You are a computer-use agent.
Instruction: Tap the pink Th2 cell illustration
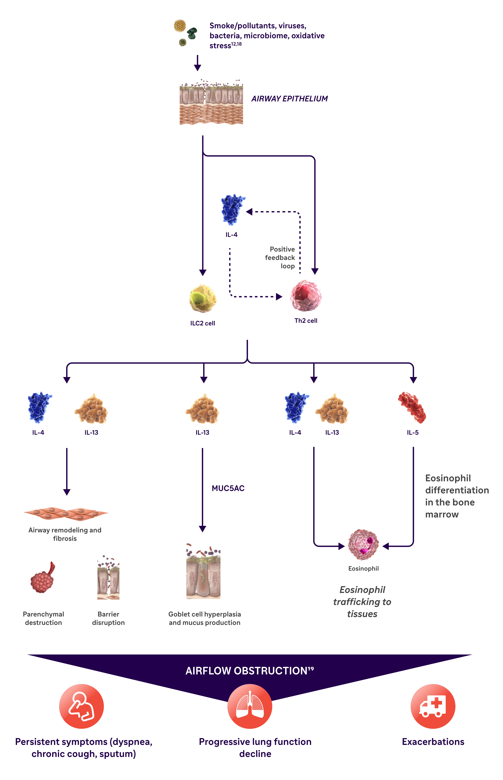tap(306, 295)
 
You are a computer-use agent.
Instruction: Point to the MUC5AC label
tap(228, 488)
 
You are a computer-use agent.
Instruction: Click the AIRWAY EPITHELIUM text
tap(289, 99)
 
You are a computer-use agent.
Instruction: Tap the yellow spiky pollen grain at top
tap(180, 26)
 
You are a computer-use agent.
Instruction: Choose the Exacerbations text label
tap(433, 742)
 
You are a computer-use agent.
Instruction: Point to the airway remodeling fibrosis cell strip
tap(66, 514)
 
